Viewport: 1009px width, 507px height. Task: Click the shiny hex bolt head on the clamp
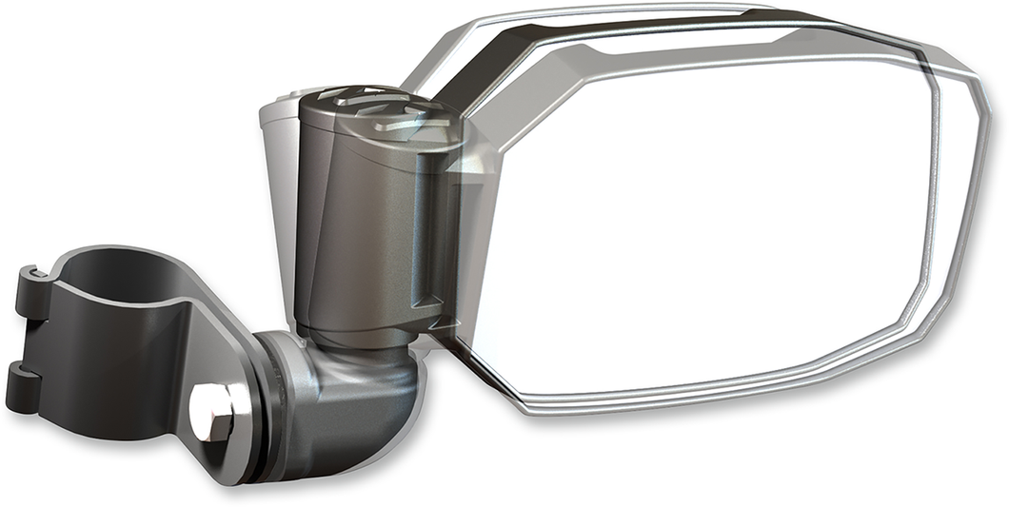(212, 409)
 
